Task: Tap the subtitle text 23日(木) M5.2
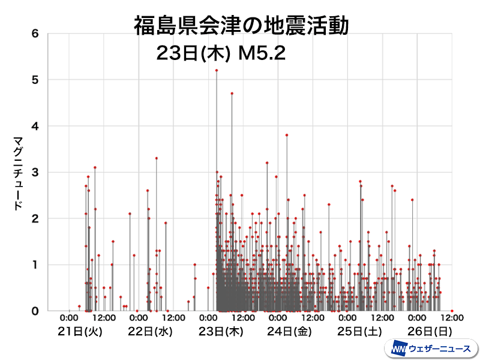pyautogui.click(x=220, y=53)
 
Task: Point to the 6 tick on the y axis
pyautogui.click(x=35, y=34)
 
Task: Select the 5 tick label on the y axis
pyautogui.click(x=35, y=80)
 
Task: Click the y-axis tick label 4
pyautogui.click(x=35, y=126)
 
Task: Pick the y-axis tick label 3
pyautogui.click(x=35, y=172)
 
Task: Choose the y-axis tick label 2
pyautogui.click(x=35, y=218)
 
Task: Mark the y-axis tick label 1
pyautogui.click(x=35, y=265)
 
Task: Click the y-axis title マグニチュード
pyautogui.click(x=17, y=174)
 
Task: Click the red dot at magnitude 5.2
pyautogui.click(x=217, y=70)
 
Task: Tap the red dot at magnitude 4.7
pyautogui.click(x=232, y=94)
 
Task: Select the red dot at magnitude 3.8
pyautogui.click(x=287, y=135)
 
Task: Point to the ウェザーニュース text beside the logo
pyautogui.click(x=439, y=348)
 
